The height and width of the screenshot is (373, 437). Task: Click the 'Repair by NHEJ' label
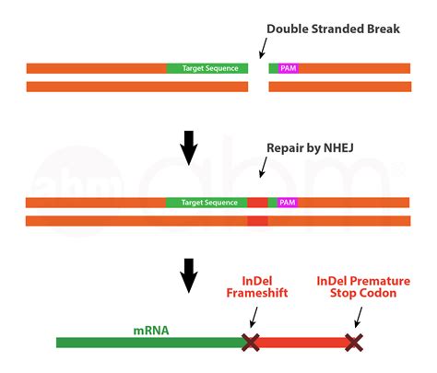tap(309, 147)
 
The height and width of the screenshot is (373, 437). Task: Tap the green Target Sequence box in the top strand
tap(207, 68)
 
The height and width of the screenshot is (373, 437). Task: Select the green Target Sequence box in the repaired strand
tap(207, 202)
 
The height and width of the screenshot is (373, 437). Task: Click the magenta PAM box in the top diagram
tap(288, 68)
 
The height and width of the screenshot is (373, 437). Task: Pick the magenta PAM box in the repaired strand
tap(288, 202)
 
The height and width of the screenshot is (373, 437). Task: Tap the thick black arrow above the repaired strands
tap(189, 147)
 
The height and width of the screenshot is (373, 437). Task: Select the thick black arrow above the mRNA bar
tap(189, 274)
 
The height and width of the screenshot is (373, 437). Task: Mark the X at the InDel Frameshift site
tap(250, 343)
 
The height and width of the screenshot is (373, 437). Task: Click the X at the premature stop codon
tap(353, 343)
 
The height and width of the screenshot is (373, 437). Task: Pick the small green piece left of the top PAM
tap(273, 68)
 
